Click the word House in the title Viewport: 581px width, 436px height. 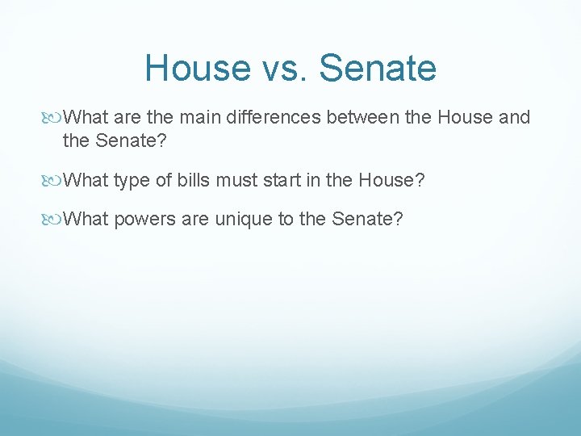click(198, 68)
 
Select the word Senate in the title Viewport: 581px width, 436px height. click(378, 68)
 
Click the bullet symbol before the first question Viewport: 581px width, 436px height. click(54, 118)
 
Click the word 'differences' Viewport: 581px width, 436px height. click(274, 118)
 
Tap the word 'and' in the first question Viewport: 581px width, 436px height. click(515, 118)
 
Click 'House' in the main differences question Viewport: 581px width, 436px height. click(465, 118)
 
